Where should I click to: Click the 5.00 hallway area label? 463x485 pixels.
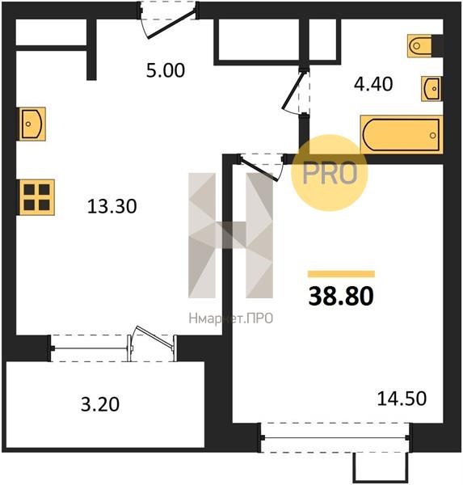click(x=166, y=70)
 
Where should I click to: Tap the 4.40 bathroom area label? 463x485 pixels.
click(x=373, y=84)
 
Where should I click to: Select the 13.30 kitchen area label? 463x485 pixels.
click(x=112, y=206)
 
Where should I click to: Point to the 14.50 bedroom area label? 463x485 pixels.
click(x=402, y=399)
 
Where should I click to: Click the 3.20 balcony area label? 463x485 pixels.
click(x=100, y=405)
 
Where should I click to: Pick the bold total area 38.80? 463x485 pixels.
click(x=341, y=296)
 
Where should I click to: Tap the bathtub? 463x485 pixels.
click(x=402, y=134)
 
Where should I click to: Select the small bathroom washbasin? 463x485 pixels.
click(x=432, y=89)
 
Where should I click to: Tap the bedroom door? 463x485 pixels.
click(x=261, y=167)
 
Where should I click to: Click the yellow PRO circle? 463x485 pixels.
click(x=330, y=173)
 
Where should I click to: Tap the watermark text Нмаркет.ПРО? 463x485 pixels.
click(x=231, y=318)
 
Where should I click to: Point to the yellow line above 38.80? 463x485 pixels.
click(x=341, y=274)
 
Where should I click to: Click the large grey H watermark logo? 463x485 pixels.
click(x=231, y=235)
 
